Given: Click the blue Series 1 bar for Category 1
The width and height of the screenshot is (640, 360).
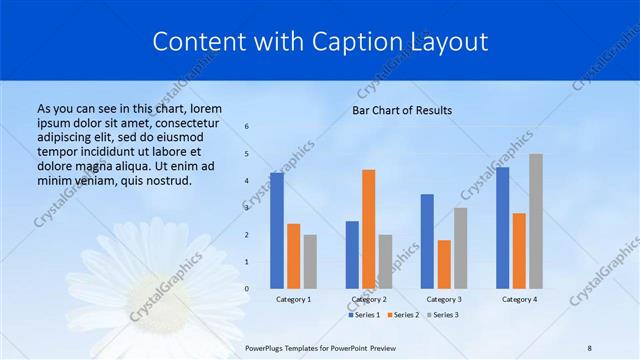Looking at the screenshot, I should tap(277, 231).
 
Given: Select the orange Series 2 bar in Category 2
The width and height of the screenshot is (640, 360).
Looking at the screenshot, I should tap(368, 229).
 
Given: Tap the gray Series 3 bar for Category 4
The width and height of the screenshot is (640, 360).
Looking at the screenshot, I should tap(536, 221).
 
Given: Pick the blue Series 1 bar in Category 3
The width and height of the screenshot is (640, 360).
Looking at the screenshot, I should tap(427, 241).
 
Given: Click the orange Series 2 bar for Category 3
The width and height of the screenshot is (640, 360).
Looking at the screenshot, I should tap(444, 264).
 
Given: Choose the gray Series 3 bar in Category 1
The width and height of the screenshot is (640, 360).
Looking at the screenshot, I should tap(310, 262).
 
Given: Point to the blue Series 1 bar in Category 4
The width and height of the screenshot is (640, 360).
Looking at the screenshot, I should tap(502, 228).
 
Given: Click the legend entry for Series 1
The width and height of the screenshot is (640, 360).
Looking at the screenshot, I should tap(364, 315).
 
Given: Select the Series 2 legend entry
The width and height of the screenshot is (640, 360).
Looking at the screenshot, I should tap(403, 315).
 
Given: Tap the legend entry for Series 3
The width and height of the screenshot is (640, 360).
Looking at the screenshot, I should tap(442, 315).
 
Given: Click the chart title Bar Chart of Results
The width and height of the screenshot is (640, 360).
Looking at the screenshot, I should tap(402, 110).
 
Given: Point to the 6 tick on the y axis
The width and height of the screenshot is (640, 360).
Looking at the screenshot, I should tap(247, 127).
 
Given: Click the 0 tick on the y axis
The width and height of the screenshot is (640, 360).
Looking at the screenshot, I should tap(247, 289).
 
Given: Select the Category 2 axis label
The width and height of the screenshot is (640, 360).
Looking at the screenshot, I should tap(369, 299).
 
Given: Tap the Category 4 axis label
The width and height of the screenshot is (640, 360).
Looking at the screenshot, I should tap(519, 299).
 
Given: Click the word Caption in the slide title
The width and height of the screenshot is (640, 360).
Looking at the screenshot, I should tap(348, 42).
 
